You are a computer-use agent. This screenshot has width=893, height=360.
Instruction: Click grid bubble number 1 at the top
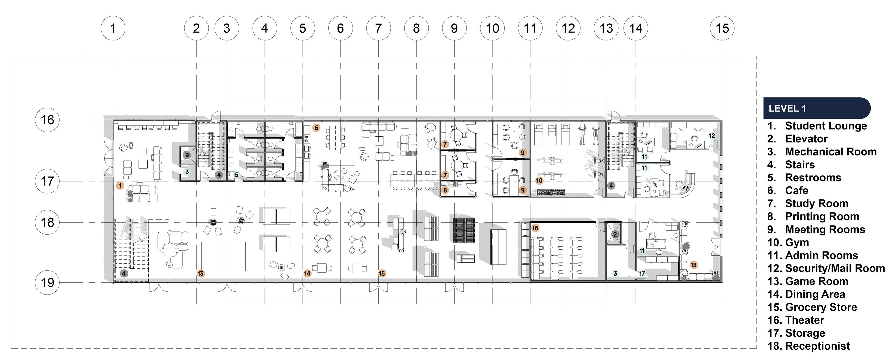click(x=113, y=28)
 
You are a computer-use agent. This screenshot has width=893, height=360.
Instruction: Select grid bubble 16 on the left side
click(x=47, y=120)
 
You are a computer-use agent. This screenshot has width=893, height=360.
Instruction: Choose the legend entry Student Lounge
click(x=826, y=126)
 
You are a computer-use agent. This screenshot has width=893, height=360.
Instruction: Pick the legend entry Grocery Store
click(x=821, y=307)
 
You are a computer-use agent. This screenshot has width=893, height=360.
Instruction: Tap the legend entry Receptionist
click(x=817, y=346)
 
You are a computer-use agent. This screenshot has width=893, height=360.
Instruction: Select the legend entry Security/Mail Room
click(x=835, y=268)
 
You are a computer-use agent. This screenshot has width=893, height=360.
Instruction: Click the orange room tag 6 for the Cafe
click(x=316, y=128)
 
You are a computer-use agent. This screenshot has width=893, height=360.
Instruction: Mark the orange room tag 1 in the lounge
click(x=120, y=185)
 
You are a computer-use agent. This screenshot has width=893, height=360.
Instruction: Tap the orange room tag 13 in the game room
click(x=200, y=273)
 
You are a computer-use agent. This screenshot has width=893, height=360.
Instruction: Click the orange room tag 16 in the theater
click(x=535, y=228)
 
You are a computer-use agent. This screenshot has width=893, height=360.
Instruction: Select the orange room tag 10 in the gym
click(x=539, y=181)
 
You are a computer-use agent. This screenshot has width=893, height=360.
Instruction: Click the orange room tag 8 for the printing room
click(x=445, y=190)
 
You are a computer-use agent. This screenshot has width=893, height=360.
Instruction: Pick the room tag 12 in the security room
click(x=712, y=136)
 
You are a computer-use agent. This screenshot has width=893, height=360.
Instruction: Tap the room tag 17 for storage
click(x=642, y=273)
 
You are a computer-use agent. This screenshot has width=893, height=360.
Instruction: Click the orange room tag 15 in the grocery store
click(x=382, y=273)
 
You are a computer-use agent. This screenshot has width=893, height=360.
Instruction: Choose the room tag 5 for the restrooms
click(x=237, y=175)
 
